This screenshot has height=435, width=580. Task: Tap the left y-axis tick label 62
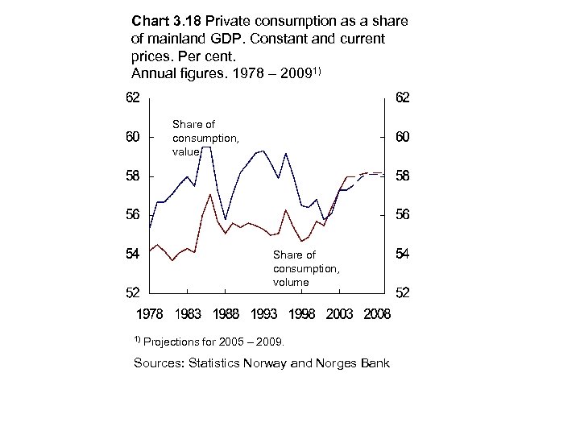[131, 98]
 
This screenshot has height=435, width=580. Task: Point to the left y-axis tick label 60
[131, 138]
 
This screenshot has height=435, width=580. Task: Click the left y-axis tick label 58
[131, 176]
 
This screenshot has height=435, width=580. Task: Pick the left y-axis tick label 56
[131, 215]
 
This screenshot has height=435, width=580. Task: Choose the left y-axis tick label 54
[131, 254]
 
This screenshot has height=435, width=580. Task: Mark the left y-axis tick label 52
[131, 292]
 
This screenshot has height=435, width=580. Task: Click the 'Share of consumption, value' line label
[205, 138]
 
